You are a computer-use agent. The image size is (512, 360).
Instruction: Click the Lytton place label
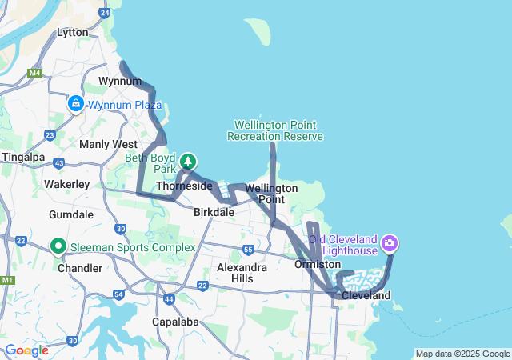73,33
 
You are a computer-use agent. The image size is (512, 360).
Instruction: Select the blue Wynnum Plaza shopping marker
75,104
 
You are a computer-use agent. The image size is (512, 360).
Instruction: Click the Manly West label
108,144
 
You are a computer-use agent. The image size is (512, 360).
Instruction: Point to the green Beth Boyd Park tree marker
188,162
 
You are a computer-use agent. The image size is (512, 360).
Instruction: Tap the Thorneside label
184,186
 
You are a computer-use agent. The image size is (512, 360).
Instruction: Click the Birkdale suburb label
214,213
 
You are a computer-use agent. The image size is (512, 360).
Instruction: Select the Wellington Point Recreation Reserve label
274,130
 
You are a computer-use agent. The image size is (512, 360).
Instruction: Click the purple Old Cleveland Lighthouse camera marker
390,242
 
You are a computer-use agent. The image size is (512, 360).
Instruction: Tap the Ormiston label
318,264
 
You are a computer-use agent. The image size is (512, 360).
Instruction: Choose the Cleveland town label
366,295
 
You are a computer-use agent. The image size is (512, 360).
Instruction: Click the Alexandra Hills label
242,273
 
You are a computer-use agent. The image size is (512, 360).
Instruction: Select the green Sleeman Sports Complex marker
58,246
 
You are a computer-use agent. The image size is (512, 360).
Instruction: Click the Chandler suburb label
80,268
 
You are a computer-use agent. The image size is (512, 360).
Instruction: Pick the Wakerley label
66,184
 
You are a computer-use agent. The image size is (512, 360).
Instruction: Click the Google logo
26,350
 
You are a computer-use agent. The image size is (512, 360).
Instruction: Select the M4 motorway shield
34,74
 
